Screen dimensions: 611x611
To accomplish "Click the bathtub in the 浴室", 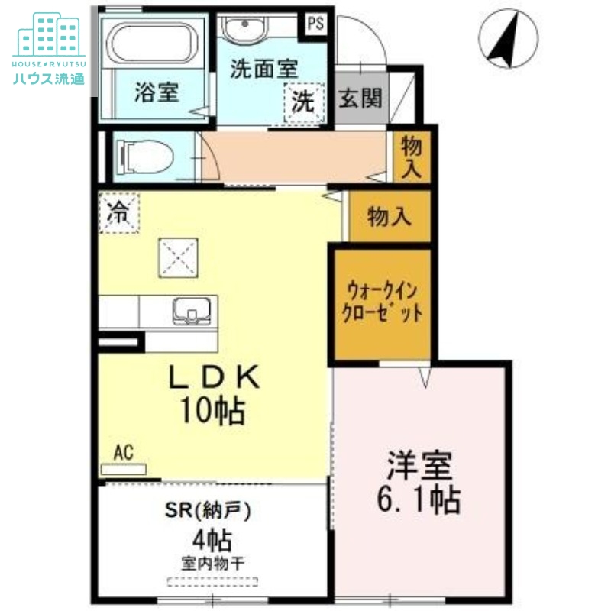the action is click(x=152, y=42).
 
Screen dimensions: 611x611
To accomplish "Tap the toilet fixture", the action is click(x=145, y=157).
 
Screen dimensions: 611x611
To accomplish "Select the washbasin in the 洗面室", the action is click(x=244, y=28).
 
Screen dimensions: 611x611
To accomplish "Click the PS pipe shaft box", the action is click(x=315, y=24).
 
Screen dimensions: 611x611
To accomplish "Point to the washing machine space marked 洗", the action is click(x=304, y=102).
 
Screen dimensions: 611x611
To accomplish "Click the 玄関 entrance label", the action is click(x=360, y=98).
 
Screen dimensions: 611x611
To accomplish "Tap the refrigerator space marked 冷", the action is click(x=119, y=213).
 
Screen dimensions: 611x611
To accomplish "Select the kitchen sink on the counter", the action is click(x=192, y=311).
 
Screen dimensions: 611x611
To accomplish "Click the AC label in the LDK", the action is click(x=124, y=452).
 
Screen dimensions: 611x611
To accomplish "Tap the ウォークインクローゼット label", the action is click(x=383, y=302).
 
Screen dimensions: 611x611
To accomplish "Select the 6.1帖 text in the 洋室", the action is click(x=419, y=499).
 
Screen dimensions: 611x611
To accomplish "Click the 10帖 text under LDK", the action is click(x=213, y=411).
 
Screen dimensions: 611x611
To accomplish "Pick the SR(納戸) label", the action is click(x=208, y=510).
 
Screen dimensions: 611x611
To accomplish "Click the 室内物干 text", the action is click(x=213, y=564).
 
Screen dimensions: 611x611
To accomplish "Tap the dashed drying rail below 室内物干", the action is click(x=212, y=582).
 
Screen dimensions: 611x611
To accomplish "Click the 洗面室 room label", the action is click(x=263, y=69).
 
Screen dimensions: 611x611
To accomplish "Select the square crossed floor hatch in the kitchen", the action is click(x=178, y=257).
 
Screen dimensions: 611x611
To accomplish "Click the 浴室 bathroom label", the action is click(x=157, y=92).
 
